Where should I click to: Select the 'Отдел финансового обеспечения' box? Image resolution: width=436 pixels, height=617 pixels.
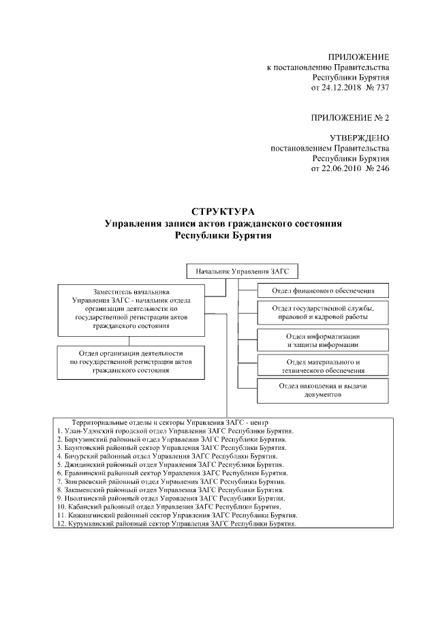(x=323, y=291)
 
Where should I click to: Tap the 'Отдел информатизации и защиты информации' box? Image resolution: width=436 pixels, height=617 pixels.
(x=323, y=340)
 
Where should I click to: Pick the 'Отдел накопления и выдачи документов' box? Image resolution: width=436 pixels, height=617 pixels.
(x=323, y=391)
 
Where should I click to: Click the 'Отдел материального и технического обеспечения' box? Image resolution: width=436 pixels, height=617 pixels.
(x=323, y=365)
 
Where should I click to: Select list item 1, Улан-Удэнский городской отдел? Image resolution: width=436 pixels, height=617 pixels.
(x=176, y=432)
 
